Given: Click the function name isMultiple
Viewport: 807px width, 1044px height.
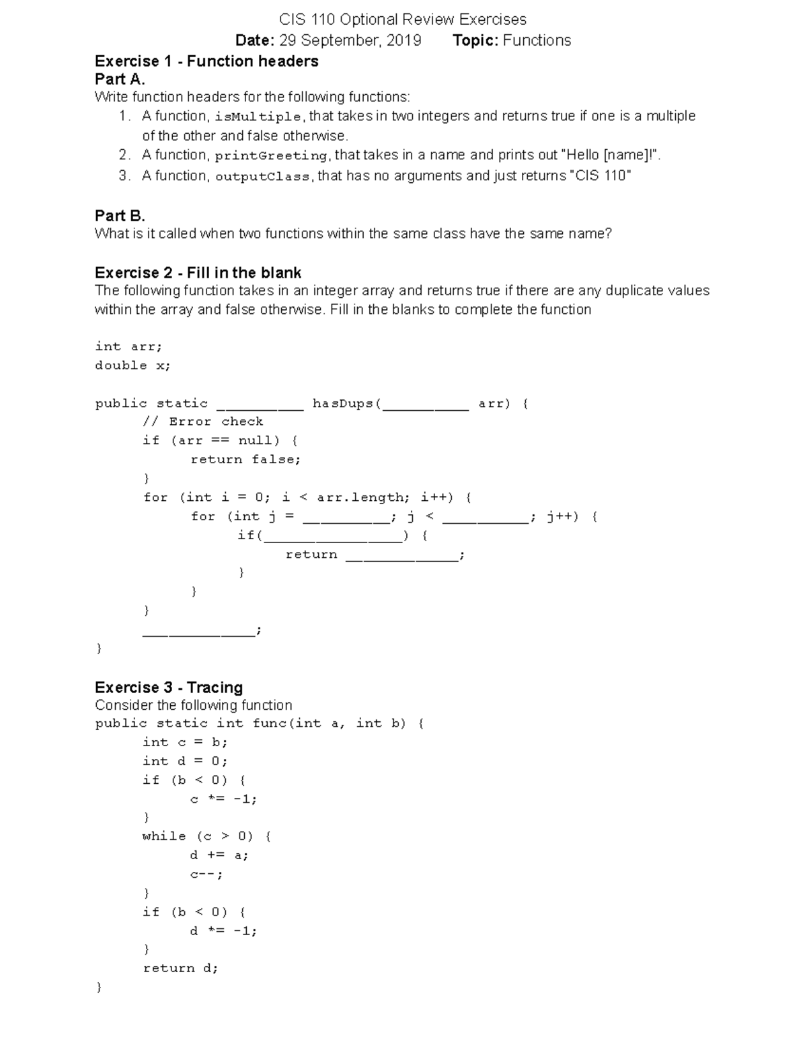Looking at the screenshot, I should tap(258, 116).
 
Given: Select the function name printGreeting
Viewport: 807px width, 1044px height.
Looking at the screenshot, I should tap(271, 156).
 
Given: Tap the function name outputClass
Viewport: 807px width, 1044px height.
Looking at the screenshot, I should tap(262, 177).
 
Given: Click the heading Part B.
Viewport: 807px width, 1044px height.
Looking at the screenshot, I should tap(120, 216).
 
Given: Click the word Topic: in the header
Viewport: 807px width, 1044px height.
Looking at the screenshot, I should tap(475, 40).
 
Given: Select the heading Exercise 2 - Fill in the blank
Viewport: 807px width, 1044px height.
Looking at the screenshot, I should tap(198, 273).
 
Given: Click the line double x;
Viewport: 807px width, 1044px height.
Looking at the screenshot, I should tap(132, 366).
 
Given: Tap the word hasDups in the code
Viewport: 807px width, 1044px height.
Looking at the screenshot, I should tap(343, 403).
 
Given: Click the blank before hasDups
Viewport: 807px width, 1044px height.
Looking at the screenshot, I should tap(260, 406).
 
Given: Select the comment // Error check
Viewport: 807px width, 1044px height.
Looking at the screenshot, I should tap(202, 421).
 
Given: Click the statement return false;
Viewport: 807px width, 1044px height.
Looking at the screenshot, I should tap(245, 460).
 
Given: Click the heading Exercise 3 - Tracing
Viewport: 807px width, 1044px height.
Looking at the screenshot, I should tap(169, 688).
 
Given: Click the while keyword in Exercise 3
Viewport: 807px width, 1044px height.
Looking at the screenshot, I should tap(164, 836).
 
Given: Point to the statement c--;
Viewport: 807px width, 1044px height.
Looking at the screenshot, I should tap(206, 875).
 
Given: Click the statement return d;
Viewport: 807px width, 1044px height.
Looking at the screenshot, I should tap(180, 969).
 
